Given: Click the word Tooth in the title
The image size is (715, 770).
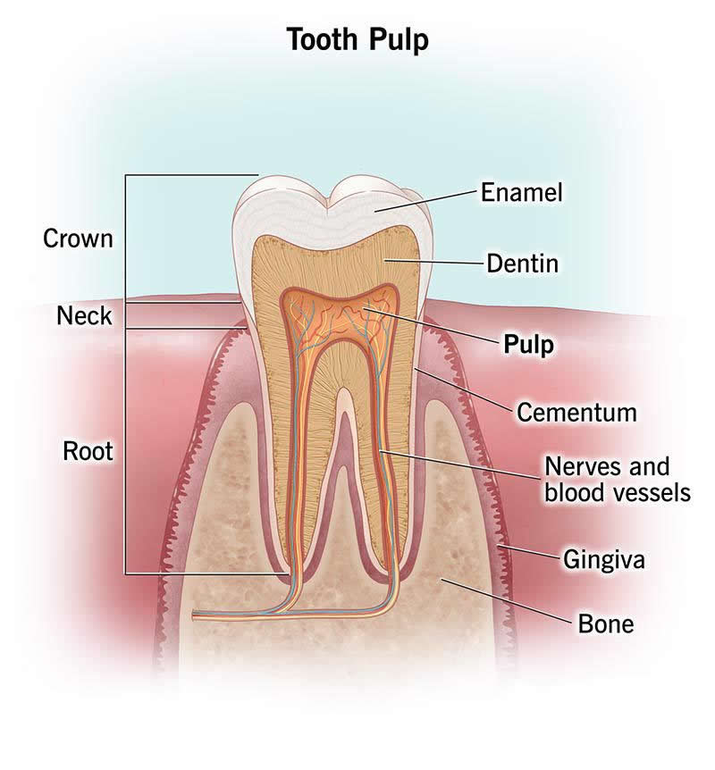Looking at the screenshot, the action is coord(324,39).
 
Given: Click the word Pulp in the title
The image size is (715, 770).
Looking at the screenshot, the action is coord(399,41).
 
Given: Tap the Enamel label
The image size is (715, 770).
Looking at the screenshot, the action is coord(521,192).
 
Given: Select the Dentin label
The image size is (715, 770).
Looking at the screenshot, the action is coord(522,264).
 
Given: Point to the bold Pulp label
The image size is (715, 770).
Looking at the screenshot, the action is coord(529,345).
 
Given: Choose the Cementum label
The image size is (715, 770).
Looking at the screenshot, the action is coord(576,413).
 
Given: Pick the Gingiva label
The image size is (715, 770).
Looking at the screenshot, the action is coord(603,560).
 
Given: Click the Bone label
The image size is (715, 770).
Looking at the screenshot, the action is coord(605,624).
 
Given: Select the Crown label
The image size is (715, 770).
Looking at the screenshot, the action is coord(78,239).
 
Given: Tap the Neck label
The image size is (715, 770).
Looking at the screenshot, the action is coord(84,315).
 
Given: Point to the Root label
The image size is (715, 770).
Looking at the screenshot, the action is coord(88,451).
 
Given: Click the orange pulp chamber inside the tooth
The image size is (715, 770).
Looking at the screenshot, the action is coord(339,314).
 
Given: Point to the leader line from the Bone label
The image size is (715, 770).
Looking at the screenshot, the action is coord(507,600).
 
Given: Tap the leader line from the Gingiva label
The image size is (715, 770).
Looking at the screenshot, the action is coord(530,552).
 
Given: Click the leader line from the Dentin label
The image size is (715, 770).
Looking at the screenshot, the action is coord(433,263).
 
